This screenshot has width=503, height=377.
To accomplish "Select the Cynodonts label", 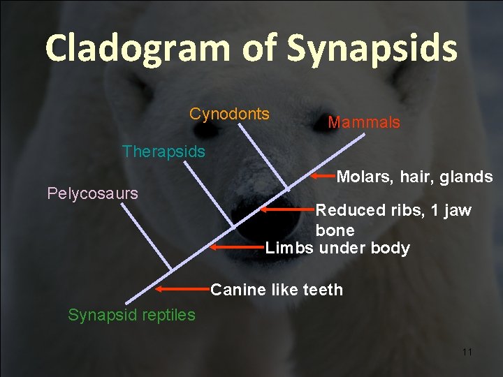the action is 229,114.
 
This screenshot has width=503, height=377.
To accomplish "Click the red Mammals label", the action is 364,123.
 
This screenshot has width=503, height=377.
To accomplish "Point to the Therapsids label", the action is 163,151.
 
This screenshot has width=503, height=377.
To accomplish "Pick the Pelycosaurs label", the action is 92,193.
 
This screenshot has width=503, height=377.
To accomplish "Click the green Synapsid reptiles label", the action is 131,315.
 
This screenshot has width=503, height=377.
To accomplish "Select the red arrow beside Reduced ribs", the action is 287,209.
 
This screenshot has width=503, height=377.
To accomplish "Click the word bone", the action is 335,230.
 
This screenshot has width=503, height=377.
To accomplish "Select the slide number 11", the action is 467,352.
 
